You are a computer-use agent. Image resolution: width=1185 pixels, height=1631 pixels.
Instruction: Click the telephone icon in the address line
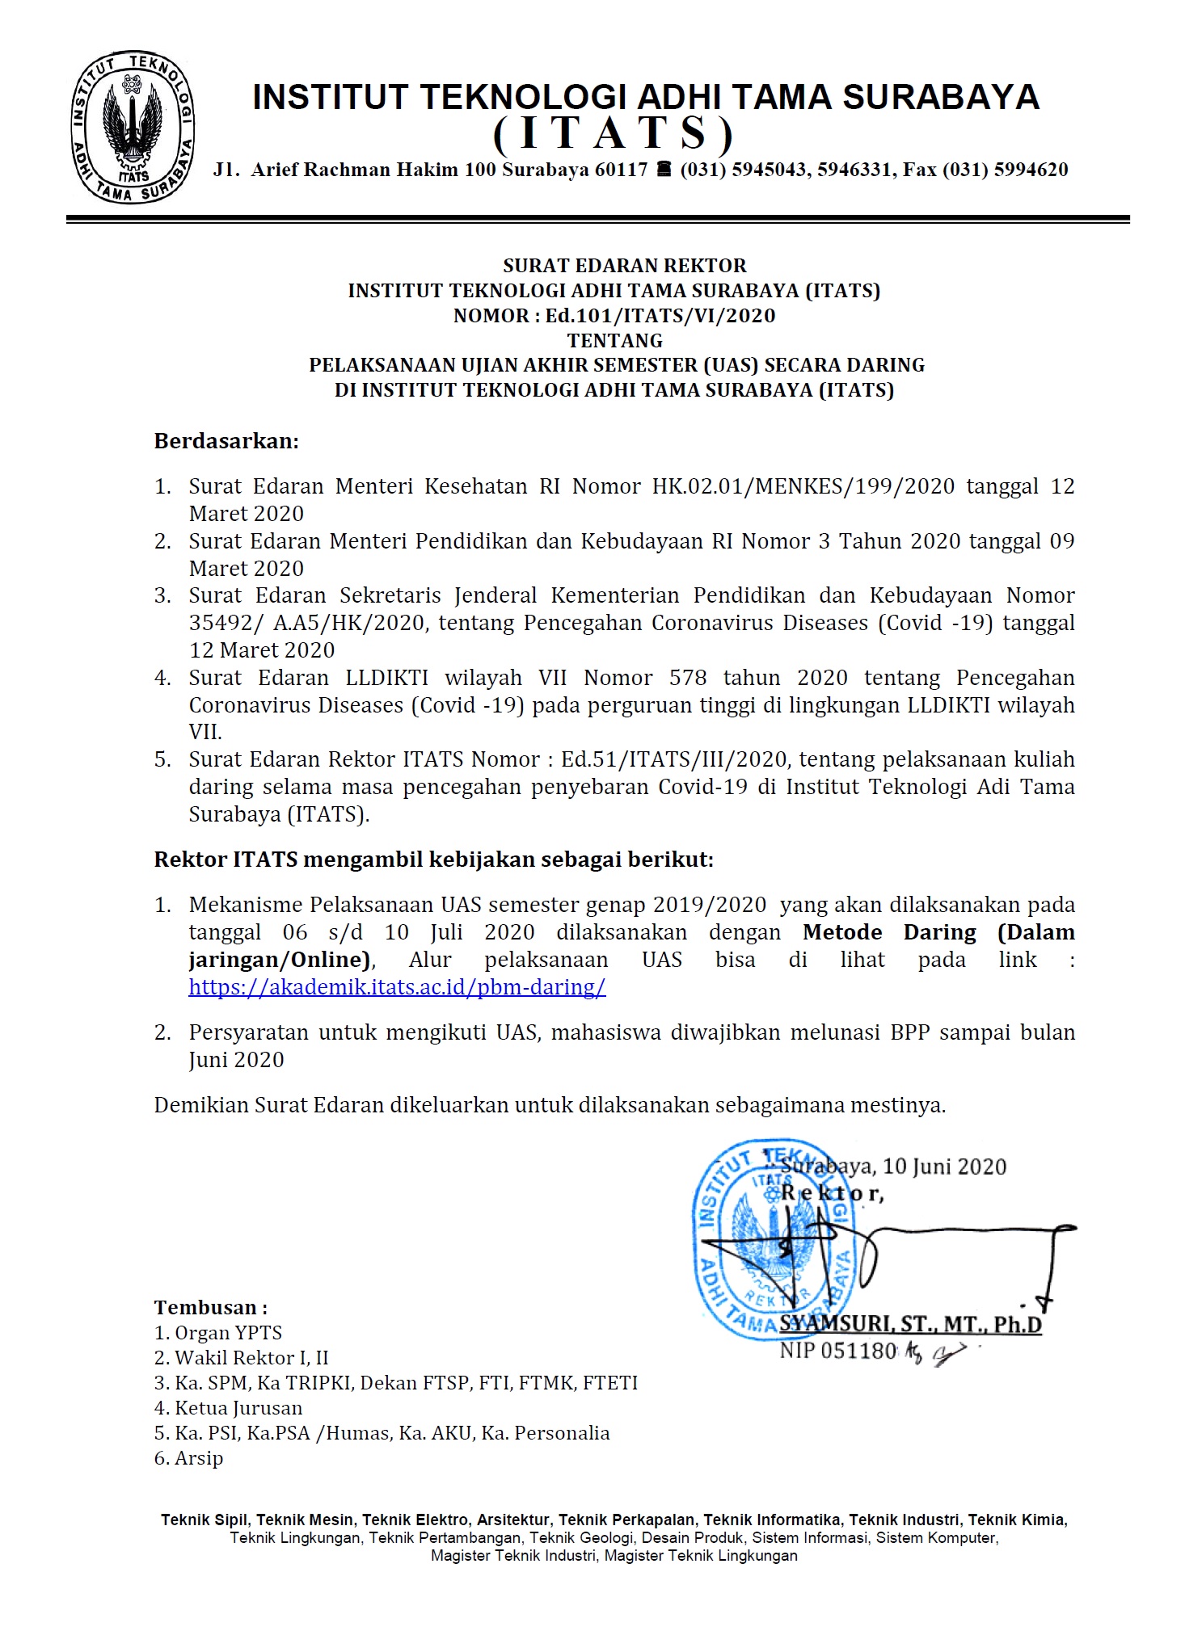pyautogui.click(x=664, y=170)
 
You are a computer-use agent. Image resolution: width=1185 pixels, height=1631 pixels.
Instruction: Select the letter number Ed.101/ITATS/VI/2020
pyautogui.click(x=660, y=316)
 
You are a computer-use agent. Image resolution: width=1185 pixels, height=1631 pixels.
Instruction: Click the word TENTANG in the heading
pyautogui.click(x=614, y=341)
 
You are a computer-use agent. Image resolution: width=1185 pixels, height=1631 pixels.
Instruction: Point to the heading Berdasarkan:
pyautogui.click(x=226, y=441)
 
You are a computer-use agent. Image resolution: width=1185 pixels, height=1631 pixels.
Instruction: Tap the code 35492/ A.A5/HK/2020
pyautogui.click(x=307, y=623)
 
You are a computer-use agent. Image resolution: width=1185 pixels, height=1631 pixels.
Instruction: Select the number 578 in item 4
pyautogui.click(x=688, y=678)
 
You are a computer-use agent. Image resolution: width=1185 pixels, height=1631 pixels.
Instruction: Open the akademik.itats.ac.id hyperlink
pyautogui.click(x=397, y=987)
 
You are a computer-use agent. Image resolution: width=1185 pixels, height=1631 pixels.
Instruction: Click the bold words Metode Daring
pyautogui.click(x=889, y=932)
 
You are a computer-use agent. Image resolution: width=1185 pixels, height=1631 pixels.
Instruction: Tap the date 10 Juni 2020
pyautogui.click(x=944, y=1167)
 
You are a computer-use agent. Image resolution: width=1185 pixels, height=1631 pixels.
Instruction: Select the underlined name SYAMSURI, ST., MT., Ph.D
pyautogui.click(x=910, y=1325)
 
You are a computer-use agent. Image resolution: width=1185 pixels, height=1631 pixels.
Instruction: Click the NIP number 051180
pyautogui.click(x=859, y=1351)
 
